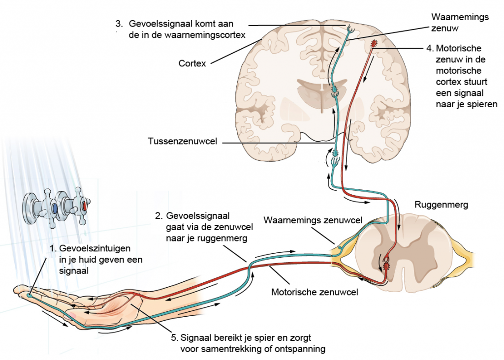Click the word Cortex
click(x=192, y=63)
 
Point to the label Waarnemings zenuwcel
click(x=313, y=220)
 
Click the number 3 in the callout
click(x=119, y=24)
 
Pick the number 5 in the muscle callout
click(x=174, y=338)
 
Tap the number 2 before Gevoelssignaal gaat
click(x=158, y=215)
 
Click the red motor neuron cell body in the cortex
click(x=374, y=45)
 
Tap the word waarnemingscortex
click(x=218, y=35)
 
